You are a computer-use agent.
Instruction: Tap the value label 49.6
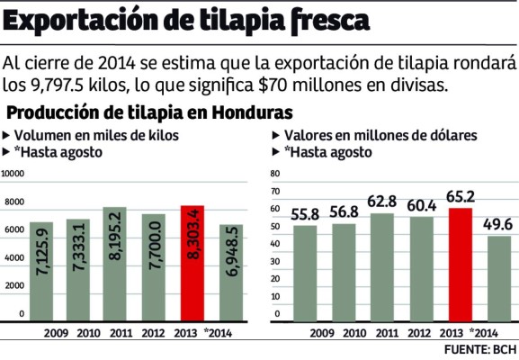point(498,225)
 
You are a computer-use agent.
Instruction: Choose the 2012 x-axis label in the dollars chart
point(422,332)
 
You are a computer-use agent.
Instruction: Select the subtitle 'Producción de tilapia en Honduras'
point(148,114)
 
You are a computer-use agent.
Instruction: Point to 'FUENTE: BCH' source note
point(480,347)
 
